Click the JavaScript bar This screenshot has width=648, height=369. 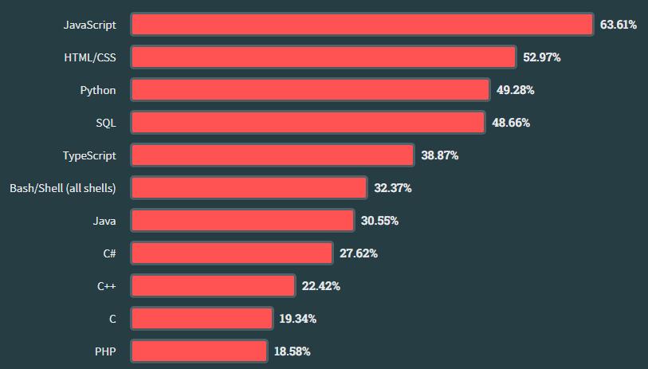click(x=362, y=25)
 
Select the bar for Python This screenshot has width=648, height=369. click(x=309, y=90)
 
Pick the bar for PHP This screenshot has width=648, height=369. click(x=198, y=351)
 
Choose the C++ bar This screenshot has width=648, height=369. click(x=213, y=285)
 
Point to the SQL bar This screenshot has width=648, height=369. click(x=308, y=123)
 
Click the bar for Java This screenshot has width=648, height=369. click(x=242, y=221)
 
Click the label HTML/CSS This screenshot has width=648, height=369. click(x=90, y=57)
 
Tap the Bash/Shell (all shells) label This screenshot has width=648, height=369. click(x=63, y=188)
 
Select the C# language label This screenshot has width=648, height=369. click(x=109, y=253)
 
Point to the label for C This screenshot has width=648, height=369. click(x=112, y=319)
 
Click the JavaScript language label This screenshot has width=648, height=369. click(x=90, y=25)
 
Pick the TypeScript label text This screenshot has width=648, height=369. click(x=89, y=155)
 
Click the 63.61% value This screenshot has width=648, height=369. click(x=619, y=25)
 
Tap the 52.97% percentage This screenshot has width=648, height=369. click(x=542, y=57)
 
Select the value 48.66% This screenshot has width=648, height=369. click(x=511, y=123)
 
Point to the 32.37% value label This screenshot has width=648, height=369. click(x=393, y=188)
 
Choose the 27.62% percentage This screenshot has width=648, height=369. click(x=359, y=253)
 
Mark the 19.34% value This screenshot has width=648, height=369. click(x=298, y=319)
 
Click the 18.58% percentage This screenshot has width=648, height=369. click(x=293, y=351)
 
